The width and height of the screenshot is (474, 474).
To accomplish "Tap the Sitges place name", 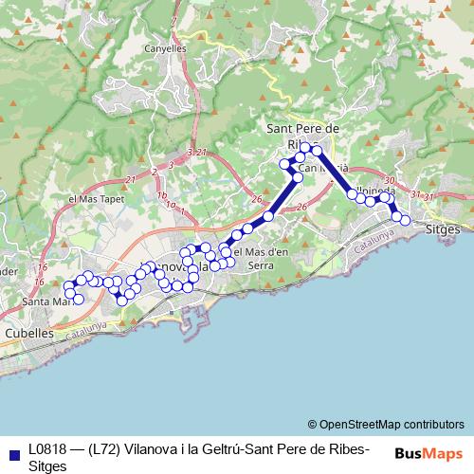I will [445, 229].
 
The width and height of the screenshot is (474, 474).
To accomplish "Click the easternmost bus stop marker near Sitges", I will [406, 220].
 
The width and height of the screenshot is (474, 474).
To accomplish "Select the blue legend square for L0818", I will [11, 451].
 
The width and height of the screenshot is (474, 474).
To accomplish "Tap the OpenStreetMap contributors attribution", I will [386, 424].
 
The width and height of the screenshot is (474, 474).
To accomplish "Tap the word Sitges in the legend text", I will [48, 466].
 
